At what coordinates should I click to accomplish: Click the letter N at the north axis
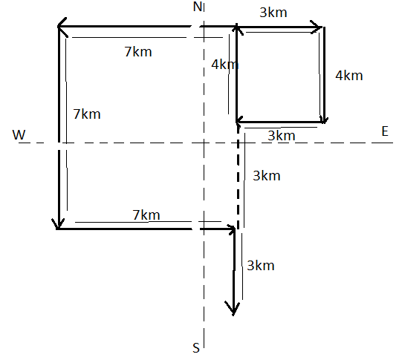click(198, 7)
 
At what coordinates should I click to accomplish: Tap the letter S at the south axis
click(196, 348)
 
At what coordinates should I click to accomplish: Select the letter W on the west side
click(19, 135)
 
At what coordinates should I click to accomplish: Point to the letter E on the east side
click(385, 131)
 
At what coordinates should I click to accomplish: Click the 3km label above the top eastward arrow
click(273, 13)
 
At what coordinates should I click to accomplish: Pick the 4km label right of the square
click(349, 76)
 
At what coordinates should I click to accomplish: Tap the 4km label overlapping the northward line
click(225, 65)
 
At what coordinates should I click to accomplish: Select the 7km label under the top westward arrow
click(138, 52)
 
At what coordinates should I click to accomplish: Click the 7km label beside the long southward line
click(87, 114)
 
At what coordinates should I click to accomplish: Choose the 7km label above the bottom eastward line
click(146, 215)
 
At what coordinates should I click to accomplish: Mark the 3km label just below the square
click(282, 136)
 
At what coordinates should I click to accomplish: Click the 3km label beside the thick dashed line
click(267, 176)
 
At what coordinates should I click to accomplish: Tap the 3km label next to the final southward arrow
click(261, 266)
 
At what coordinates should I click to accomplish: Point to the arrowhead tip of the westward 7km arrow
click(58, 26)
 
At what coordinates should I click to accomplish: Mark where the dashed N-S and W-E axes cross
click(204, 143)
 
